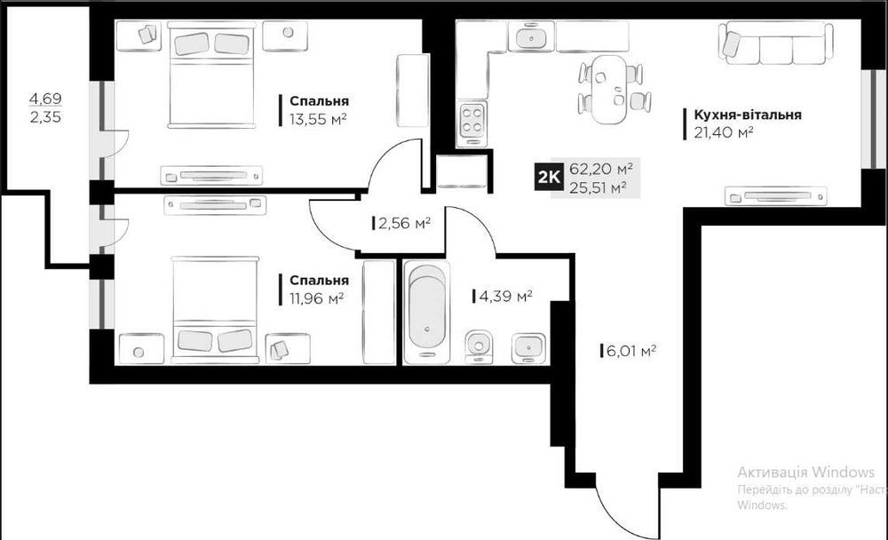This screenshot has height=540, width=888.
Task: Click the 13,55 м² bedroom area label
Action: (x=318, y=120)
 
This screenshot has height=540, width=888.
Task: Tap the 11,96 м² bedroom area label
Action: (x=317, y=298)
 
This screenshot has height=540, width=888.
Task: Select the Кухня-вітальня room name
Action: (x=748, y=115)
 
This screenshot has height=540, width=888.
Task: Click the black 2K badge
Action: (x=548, y=177)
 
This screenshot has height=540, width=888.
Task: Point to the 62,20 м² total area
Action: (x=601, y=168)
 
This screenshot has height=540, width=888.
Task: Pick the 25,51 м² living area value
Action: (x=598, y=187)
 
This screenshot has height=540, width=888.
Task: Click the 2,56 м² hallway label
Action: (x=404, y=223)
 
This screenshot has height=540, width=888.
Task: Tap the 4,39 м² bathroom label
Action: (x=505, y=296)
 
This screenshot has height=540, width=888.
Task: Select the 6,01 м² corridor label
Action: (x=630, y=351)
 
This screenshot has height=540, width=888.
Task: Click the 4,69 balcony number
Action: (x=45, y=98)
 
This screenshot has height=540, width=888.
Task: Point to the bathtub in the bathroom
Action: (x=427, y=312)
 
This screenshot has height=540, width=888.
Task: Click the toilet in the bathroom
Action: (x=479, y=346)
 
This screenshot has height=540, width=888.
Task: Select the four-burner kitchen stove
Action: (x=472, y=122)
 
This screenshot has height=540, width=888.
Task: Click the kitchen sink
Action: (x=531, y=37)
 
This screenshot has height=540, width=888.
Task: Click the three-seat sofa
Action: (x=776, y=42)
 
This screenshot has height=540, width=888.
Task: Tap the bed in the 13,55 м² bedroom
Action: (x=210, y=75)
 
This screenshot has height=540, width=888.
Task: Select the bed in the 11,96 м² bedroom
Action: (x=215, y=309)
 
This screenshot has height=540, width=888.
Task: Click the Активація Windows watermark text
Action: (x=806, y=472)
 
